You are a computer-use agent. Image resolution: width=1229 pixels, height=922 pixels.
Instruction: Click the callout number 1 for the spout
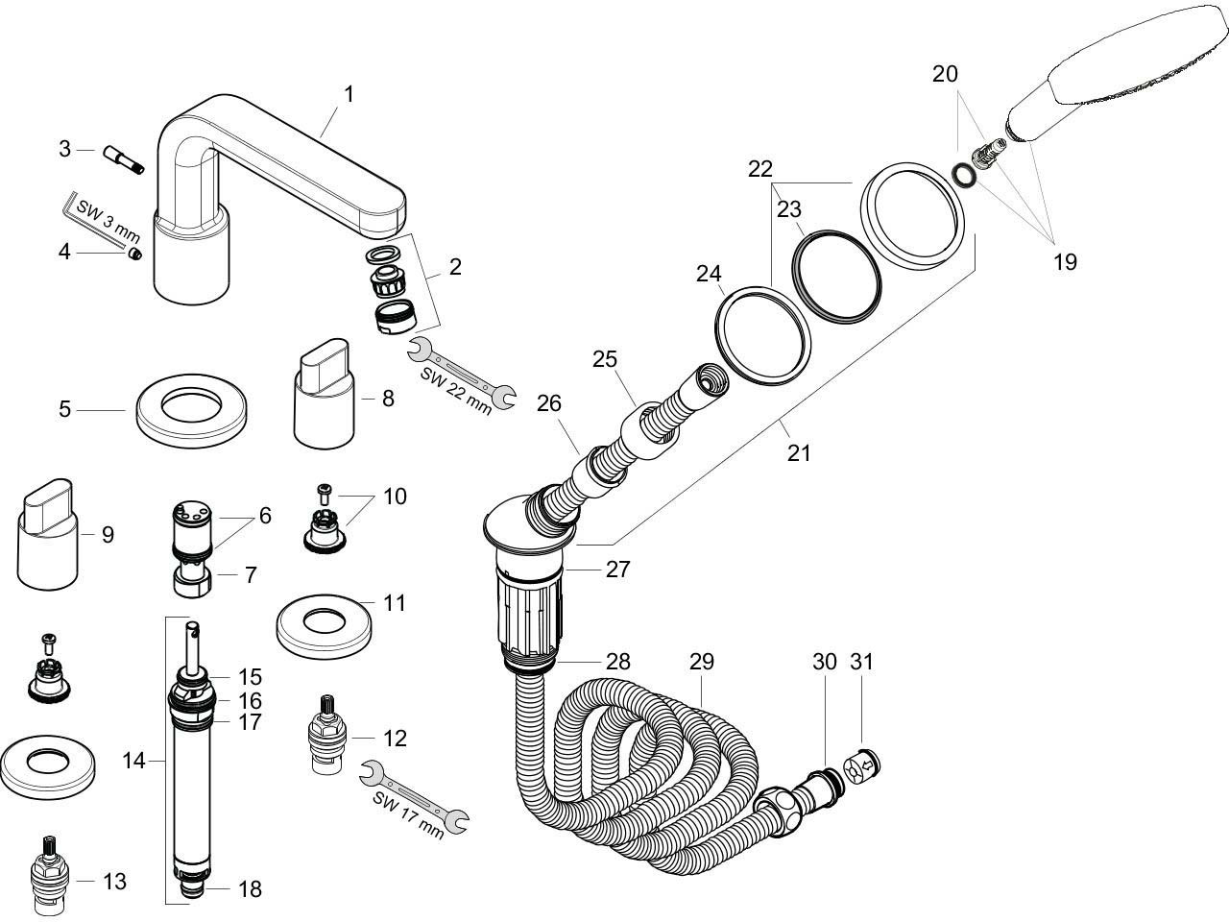(x=349, y=94)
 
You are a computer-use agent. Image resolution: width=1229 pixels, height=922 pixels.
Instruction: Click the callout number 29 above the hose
(x=702, y=662)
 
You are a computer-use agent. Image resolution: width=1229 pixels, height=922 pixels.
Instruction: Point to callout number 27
(x=617, y=570)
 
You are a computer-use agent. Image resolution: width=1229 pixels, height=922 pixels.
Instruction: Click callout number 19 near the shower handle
(x=1064, y=260)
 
